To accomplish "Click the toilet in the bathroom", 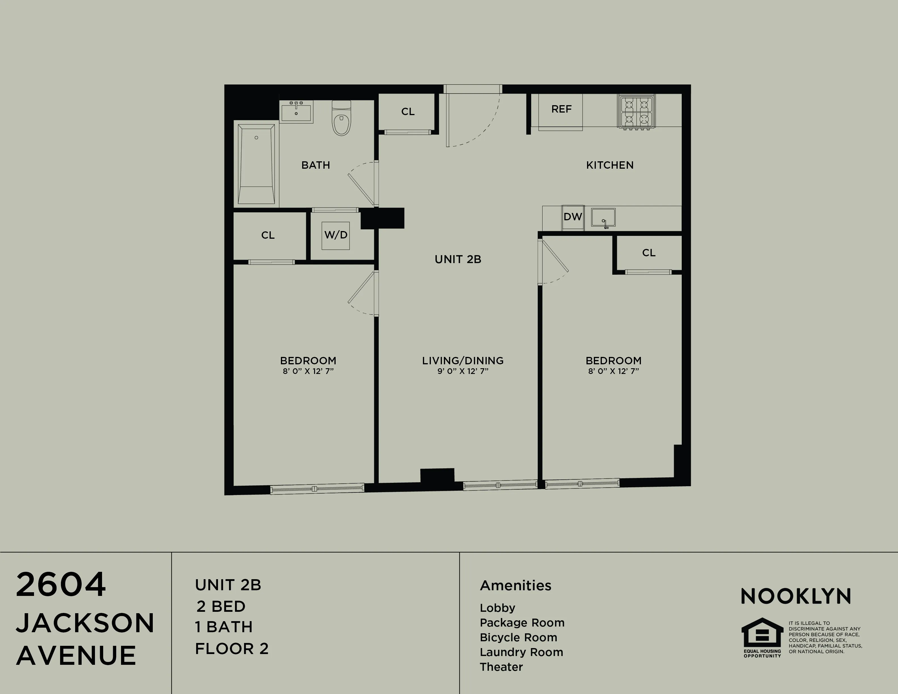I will pyautogui.click(x=341, y=119).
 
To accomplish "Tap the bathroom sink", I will pyautogui.click(x=296, y=111).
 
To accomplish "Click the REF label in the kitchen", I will pyautogui.click(x=561, y=109).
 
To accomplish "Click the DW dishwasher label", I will pyautogui.click(x=573, y=217).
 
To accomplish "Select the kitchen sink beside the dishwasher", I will pyautogui.click(x=603, y=217).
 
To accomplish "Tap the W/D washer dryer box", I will pyautogui.click(x=336, y=235).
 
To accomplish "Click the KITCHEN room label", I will pyautogui.click(x=609, y=165).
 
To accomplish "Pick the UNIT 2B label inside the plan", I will pyautogui.click(x=458, y=259).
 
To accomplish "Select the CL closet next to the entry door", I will pyautogui.click(x=407, y=111).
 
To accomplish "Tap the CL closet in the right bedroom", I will pyautogui.click(x=649, y=252).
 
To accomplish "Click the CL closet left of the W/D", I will pyautogui.click(x=268, y=235).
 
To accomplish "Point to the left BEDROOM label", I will pyautogui.click(x=308, y=361).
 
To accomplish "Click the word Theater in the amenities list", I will pyautogui.click(x=501, y=667).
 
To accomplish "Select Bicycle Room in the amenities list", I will pyautogui.click(x=518, y=637).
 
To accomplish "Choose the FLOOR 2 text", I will pyautogui.click(x=232, y=649).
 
